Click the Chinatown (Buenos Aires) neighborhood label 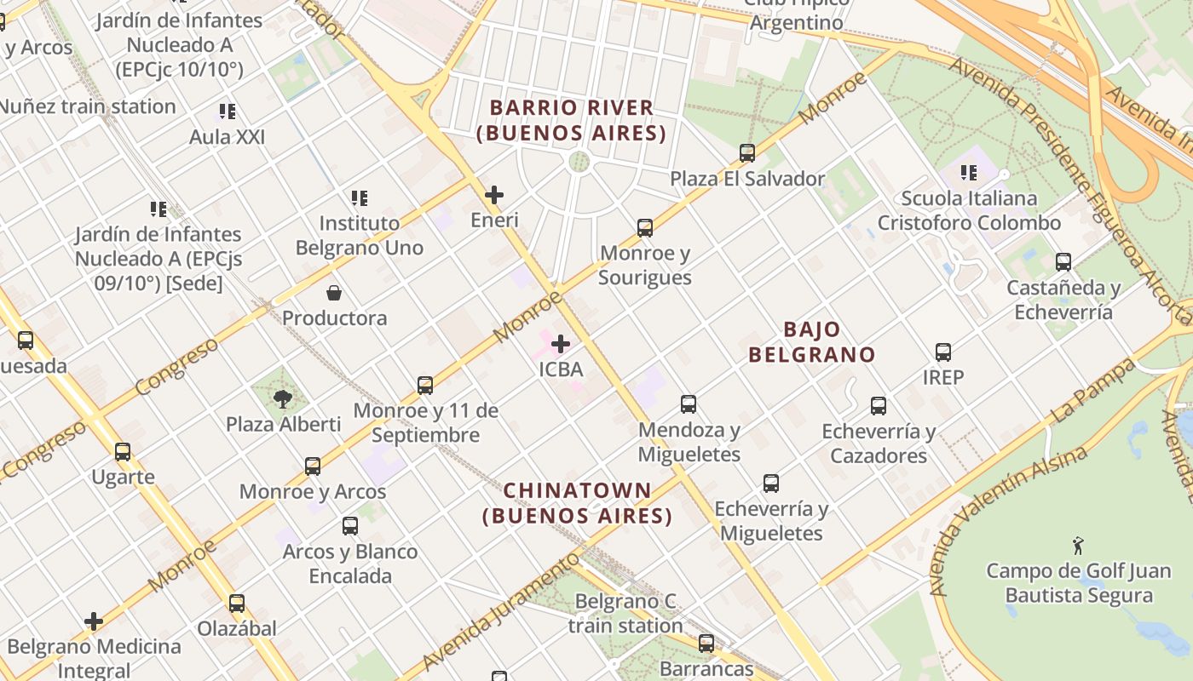(578, 503)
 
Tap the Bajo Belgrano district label (811, 342)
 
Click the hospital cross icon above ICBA (561, 344)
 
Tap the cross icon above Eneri (494, 195)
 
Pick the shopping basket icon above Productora (334, 293)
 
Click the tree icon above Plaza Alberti (283, 398)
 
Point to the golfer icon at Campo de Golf (1078, 546)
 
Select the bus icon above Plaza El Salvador (747, 153)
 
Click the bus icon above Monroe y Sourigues (645, 228)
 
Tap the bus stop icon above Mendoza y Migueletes (689, 404)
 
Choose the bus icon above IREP (943, 352)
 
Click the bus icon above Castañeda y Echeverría (1063, 262)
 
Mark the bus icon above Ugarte (123, 452)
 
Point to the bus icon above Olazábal (237, 604)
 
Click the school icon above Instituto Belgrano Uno (360, 198)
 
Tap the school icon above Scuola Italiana (969, 174)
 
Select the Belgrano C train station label (625, 614)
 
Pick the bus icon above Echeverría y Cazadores (879, 406)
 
